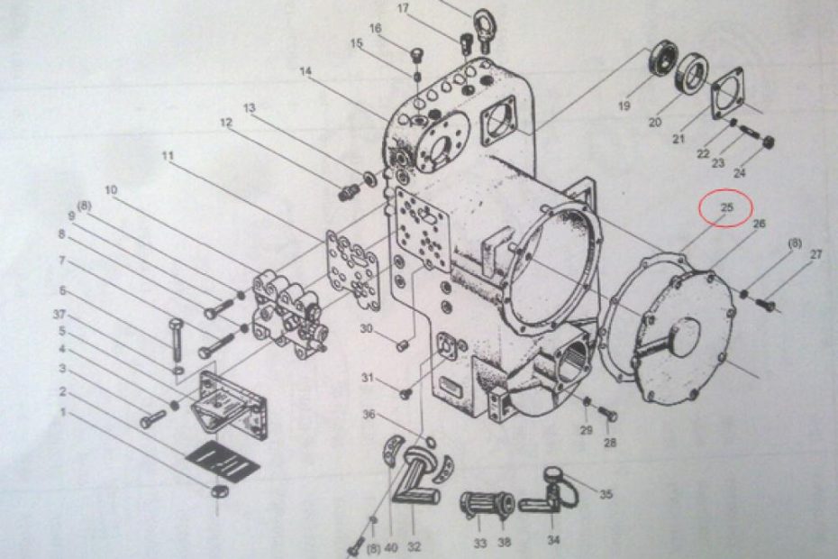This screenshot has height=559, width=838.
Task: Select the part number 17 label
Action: click(403, 8)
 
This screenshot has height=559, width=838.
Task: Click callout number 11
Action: click(167, 155)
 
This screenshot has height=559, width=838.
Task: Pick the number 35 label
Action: click(606, 494)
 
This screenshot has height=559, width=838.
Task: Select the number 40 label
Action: click(391, 547)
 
